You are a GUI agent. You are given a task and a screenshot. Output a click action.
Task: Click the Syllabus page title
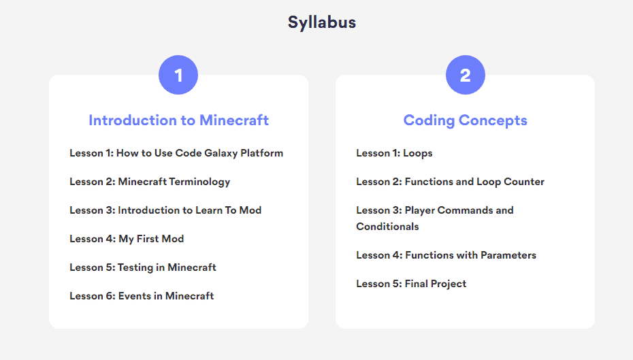click(322, 22)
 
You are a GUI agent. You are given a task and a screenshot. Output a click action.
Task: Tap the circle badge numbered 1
click(178, 75)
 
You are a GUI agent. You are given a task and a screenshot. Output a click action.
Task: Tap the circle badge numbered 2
click(466, 75)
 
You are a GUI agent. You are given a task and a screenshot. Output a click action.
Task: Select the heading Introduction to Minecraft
click(179, 120)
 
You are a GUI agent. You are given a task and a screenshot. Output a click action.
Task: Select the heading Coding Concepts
click(466, 120)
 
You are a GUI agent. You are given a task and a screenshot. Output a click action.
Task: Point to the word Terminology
click(199, 182)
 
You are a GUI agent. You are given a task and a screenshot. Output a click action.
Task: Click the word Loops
click(418, 153)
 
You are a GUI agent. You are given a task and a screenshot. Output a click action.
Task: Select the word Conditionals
click(387, 227)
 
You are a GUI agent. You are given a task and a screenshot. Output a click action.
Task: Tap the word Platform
click(261, 153)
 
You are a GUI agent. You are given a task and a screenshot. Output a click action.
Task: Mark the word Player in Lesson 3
click(420, 211)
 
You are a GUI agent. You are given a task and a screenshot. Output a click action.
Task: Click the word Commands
click(465, 210)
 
